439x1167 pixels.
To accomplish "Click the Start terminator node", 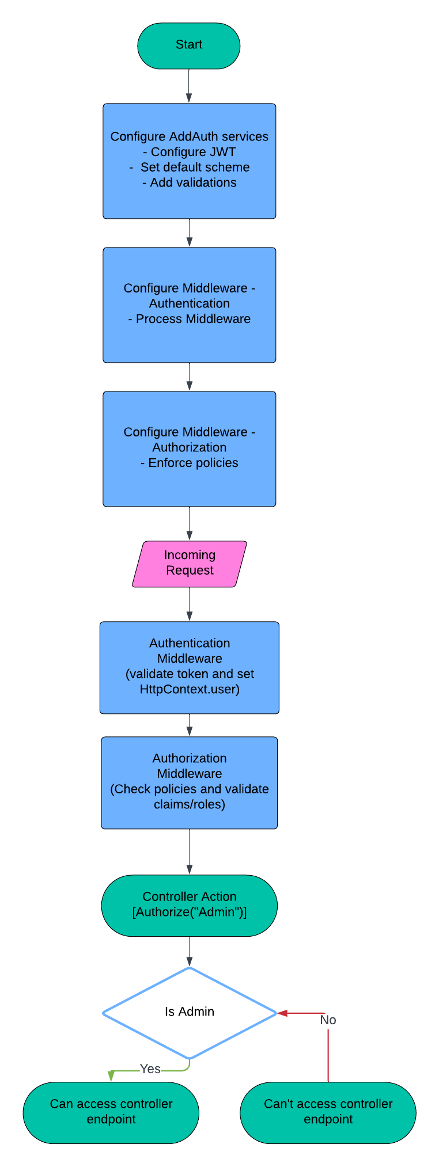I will pyautogui.click(x=188, y=45).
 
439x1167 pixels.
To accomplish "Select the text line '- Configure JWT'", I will pyautogui.click(x=189, y=152).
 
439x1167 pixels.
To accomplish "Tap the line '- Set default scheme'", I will pyautogui.click(x=189, y=168).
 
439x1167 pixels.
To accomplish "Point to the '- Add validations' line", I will pyautogui.click(x=189, y=183).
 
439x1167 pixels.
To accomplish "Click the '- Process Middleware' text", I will pyautogui.click(x=189, y=319).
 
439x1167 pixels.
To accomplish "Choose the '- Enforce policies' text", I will pyautogui.click(x=189, y=463).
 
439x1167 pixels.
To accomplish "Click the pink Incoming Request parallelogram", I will pyautogui.click(x=189, y=564).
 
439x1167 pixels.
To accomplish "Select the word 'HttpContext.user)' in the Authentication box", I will pyautogui.click(x=189, y=689).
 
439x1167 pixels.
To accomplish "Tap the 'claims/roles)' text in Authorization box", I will pyautogui.click(x=189, y=804).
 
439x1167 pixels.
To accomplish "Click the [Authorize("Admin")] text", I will pyautogui.click(x=189, y=912).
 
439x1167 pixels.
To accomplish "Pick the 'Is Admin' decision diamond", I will pyautogui.click(x=189, y=1013).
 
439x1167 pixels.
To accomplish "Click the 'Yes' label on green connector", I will pyautogui.click(x=150, y=1069).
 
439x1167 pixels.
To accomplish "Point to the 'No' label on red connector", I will pyautogui.click(x=328, y=1020).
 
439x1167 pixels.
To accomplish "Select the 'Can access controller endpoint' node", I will pyautogui.click(x=111, y=1112).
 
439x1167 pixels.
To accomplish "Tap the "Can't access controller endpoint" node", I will pyautogui.click(x=328, y=1112).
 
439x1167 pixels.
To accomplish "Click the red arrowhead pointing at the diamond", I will pyautogui.click(x=283, y=1013).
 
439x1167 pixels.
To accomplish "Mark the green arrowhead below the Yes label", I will pyautogui.click(x=111, y=1077).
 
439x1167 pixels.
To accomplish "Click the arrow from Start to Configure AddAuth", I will pyautogui.click(x=189, y=86).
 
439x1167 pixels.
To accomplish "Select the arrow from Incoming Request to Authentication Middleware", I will pyautogui.click(x=189, y=605).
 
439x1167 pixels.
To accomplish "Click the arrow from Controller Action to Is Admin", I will pyautogui.click(x=189, y=951).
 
